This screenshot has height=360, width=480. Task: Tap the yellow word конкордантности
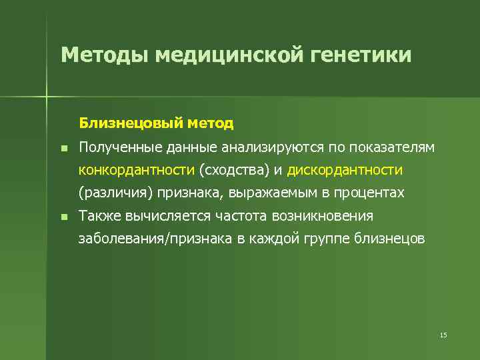[137, 170]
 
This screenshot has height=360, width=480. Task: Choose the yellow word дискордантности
[345, 170]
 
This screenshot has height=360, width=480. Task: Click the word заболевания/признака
[155, 239]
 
